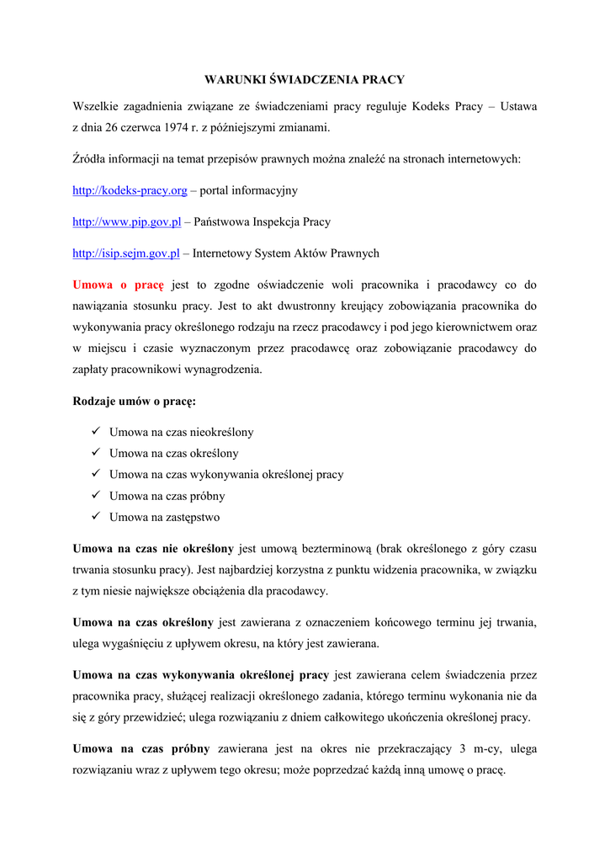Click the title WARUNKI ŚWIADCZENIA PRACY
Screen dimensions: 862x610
coord(305,80)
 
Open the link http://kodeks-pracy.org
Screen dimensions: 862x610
coord(130,191)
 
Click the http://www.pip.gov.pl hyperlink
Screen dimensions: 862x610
coord(126,222)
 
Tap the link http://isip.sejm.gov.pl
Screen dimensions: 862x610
coord(126,253)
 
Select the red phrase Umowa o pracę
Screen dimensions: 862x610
coord(118,285)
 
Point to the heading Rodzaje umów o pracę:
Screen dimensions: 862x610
coord(134,401)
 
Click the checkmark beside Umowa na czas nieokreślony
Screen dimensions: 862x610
coord(97,432)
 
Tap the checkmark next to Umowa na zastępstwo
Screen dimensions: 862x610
coord(97,517)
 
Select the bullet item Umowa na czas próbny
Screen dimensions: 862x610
coord(167,496)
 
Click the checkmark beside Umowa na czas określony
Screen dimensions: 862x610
coord(97,453)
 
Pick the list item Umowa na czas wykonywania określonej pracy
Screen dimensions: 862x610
coord(225,475)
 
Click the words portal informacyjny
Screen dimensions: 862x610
coord(248,191)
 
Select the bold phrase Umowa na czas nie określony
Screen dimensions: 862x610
coord(153,549)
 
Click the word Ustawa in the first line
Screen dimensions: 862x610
coord(518,107)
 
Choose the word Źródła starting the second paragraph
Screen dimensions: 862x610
coord(91,159)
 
